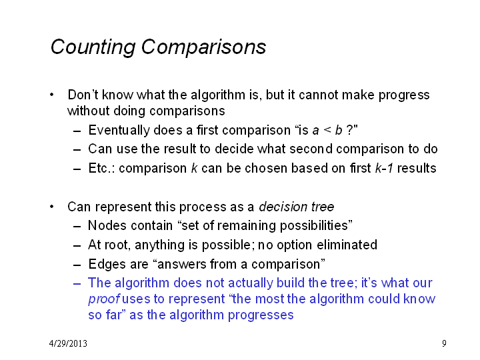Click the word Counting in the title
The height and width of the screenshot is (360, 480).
point(93,47)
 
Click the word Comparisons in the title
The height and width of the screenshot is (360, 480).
point(203,47)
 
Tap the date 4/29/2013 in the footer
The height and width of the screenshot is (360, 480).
point(68,343)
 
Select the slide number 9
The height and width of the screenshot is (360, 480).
point(444,343)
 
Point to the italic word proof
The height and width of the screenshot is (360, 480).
point(103,299)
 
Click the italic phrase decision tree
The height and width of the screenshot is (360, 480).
point(296,207)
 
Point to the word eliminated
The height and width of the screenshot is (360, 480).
point(347,245)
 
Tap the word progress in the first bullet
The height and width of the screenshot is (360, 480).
point(404,95)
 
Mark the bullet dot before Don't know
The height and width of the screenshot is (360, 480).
point(51,95)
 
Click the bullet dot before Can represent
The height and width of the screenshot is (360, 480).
point(51,207)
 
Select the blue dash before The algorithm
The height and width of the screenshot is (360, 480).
point(77,283)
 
